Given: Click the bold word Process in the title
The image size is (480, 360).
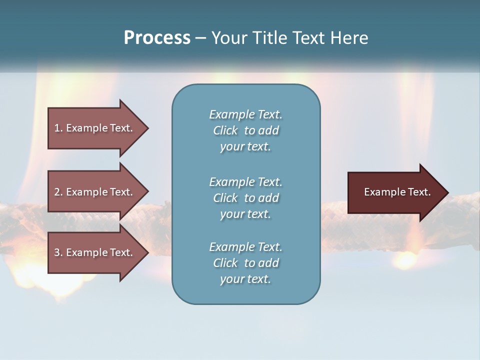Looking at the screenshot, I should [x=157, y=38].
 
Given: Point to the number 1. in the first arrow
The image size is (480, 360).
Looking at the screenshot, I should [x=58, y=128].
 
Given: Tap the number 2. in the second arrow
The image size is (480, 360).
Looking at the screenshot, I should [x=58, y=192].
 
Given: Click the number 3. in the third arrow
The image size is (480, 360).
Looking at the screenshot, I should [x=58, y=252].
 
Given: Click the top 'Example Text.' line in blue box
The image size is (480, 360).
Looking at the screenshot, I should [x=245, y=114].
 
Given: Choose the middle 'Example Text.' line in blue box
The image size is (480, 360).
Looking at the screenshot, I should [x=245, y=182].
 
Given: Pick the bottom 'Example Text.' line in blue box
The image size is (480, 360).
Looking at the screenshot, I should [x=245, y=247].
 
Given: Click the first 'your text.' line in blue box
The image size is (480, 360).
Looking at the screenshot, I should [x=245, y=147].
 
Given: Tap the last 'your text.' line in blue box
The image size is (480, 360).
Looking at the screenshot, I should [x=245, y=279].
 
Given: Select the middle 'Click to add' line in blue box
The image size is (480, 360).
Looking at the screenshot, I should [x=245, y=198].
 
